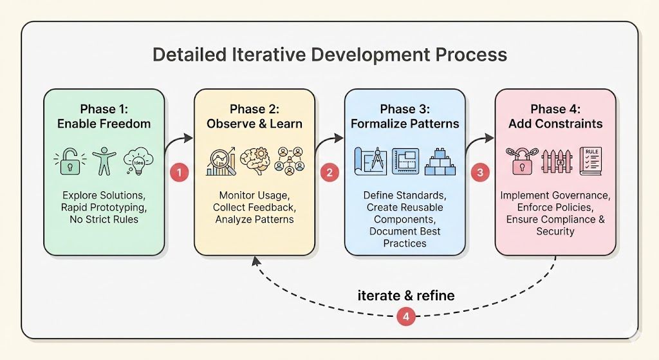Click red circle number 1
pyautogui.click(x=179, y=173)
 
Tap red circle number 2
pyautogui.click(x=329, y=173)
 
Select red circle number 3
pyautogui.click(x=479, y=173)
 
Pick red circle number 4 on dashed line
pyautogui.click(x=405, y=316)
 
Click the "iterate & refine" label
pyautogui.click(x=405, y=296)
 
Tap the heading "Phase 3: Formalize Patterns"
pyautogui.click(x=405, y=116)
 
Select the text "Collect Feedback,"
pyautogui.click(x=254, y=207)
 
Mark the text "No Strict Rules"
pyautogui.click(x=104, y=220)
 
